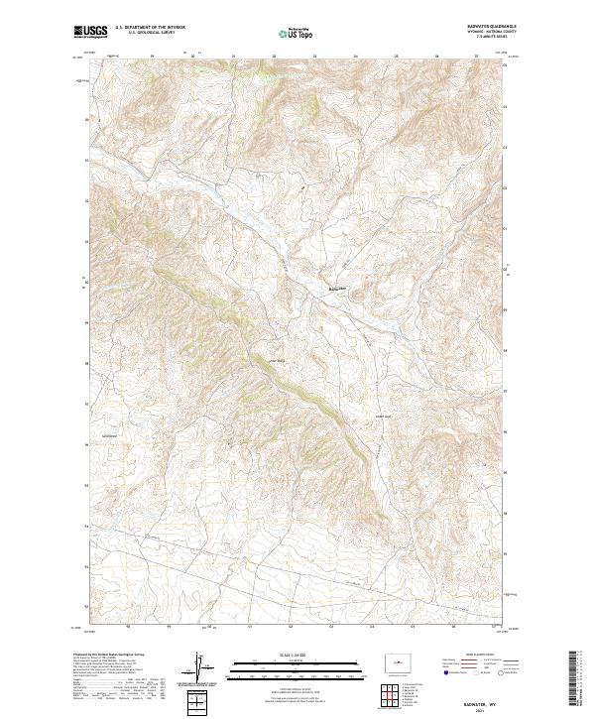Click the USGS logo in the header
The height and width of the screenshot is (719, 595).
click(x=91, y=32)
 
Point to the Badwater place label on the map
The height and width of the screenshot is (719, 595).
click(x=338, y=289)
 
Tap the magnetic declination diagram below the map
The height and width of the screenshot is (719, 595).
click(x=201, y=668)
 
